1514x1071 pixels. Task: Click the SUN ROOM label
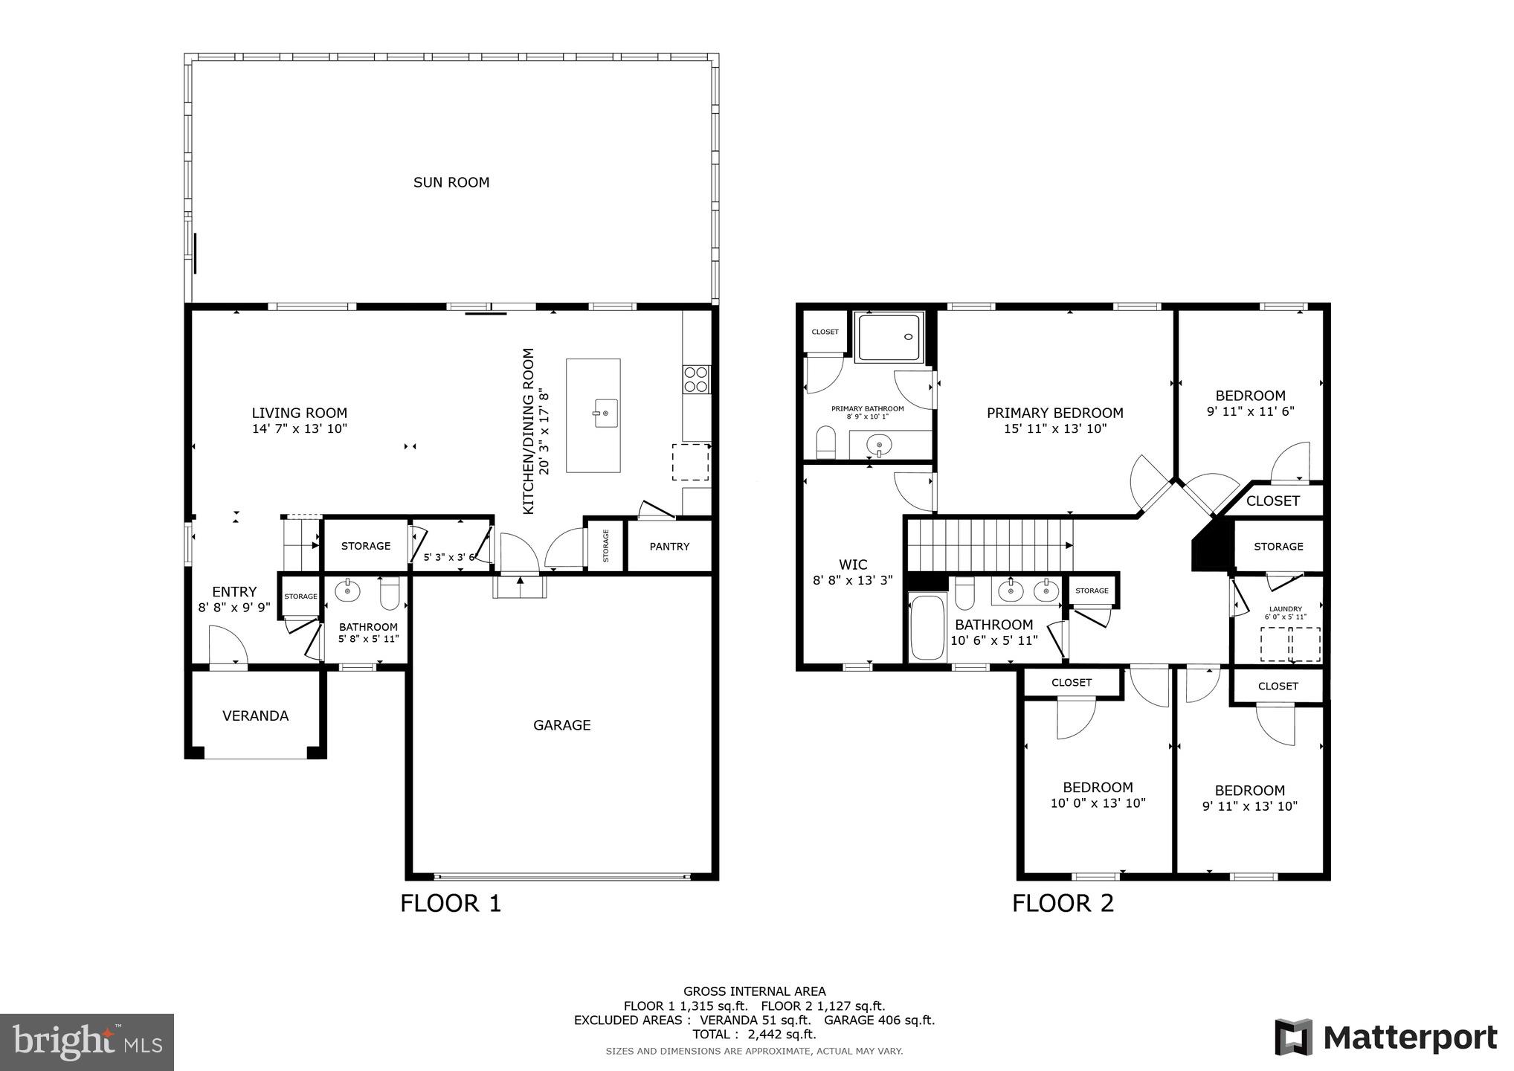pyautogui.click(x=451, y=182)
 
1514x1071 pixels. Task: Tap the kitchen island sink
pyautogui.click(x=605, y=413)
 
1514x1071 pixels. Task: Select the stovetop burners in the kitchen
pyautogui.click(x=697, y=379)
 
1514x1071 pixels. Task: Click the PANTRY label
pyautogui.click(x=669, y=546)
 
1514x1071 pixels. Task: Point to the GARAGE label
pyautogui.click(x=561, y=725)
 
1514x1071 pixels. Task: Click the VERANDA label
pyautogui.click(x=255, y=715)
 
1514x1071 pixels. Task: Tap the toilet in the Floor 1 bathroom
pyautogui.click(x=390, y=594)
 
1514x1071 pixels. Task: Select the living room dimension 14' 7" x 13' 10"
pyautogui.click(x=300, y=428)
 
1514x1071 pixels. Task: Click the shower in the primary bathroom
pyautogui.click(x=889, y=337)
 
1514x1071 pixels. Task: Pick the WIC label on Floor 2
pyautogui.click(x=853, y=565)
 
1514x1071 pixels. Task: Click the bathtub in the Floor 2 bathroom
pyautogui.click(x=927, y=627)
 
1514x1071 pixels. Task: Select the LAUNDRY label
pyautogui.click(x=1285, y=609)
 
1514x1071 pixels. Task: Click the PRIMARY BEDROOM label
pyautogui.click(x=1054, y=413)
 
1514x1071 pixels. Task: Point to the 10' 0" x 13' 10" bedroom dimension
pyautogui.click(x=1098, y=803)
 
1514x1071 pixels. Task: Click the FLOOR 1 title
pyautogui.click(x=451, y=903)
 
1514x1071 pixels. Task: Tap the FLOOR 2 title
pyautogui.click(x=1063, y=903)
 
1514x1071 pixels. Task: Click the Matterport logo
pyautogui.click(x=1386, y=1038)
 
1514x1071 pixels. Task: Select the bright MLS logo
pyautogui.click(x=87, y=1043)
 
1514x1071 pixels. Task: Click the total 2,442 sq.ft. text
pyautogui.click(x=754, y=1035)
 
